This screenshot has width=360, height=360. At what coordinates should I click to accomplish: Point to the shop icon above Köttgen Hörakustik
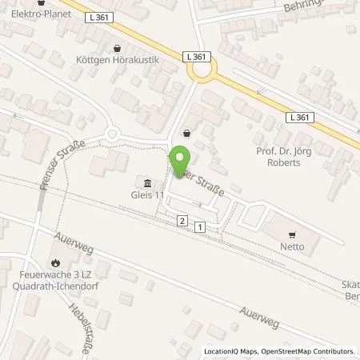[x=118, y=48]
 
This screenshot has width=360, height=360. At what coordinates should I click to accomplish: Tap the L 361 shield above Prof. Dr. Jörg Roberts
[x=299, y=117]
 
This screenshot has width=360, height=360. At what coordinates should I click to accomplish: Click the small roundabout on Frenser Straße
[x=111, y=134]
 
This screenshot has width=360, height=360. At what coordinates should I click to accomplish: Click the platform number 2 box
[x=182, y=220]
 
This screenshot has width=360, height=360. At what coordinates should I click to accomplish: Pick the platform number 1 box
[x=198, y=228]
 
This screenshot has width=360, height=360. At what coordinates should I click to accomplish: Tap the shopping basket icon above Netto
[x=292, y=235]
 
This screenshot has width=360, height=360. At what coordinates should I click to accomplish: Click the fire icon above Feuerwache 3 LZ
[x=54, y=262]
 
